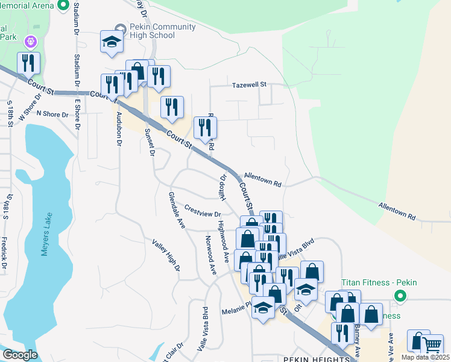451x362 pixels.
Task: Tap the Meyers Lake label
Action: tap(47, 234)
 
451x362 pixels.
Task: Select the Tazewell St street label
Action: tap(250, 86)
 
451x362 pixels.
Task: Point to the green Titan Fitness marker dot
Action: tap(399, 296)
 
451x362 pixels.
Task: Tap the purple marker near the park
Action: tap(31, 42)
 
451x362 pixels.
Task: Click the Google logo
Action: tap(20, 355)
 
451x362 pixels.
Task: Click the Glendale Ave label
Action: tap(177, 209)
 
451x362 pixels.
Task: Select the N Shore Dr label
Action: tap(53, 113)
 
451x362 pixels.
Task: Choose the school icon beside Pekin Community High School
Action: tap(112, 41)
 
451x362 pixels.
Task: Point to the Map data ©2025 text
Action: tap(425, 357)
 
